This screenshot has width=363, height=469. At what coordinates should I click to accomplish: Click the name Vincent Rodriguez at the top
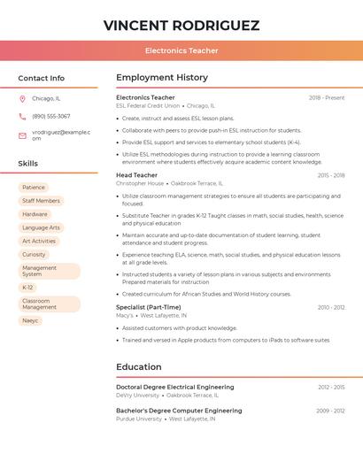coord(181,25)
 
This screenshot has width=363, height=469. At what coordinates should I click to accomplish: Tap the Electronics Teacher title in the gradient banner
coord(181,51)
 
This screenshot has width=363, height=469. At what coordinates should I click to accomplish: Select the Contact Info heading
coord(41,78)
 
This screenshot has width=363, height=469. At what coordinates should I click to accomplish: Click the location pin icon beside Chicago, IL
coord(22,99)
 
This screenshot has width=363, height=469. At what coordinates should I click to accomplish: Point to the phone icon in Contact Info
coord(22,117)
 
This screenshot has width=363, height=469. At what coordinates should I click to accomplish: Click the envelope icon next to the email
coord(22,135)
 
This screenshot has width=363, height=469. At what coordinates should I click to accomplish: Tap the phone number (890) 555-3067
coord(50,117)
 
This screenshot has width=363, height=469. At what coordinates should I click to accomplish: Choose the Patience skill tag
coord(34,188)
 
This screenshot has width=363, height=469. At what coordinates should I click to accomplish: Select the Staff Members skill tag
coord(41,201)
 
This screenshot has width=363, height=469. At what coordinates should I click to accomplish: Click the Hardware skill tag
coord(35,214)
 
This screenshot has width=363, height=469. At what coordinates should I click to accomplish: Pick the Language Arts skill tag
coord(41,227)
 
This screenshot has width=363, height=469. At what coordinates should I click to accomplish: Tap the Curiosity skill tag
coord(34,254)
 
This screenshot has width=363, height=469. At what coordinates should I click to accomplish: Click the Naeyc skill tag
coord(30,320)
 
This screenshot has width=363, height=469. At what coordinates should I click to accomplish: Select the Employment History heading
coord(162,78)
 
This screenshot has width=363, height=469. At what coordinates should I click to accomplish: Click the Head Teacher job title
coord(136,175)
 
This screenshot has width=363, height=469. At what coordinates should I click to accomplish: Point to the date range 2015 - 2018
coord(330,175)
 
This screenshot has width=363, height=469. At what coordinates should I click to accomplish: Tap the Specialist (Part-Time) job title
coord(148,307)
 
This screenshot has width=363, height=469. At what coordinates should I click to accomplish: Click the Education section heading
coord(139,366)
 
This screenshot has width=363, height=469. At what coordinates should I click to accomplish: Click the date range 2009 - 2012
coord(330,411)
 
